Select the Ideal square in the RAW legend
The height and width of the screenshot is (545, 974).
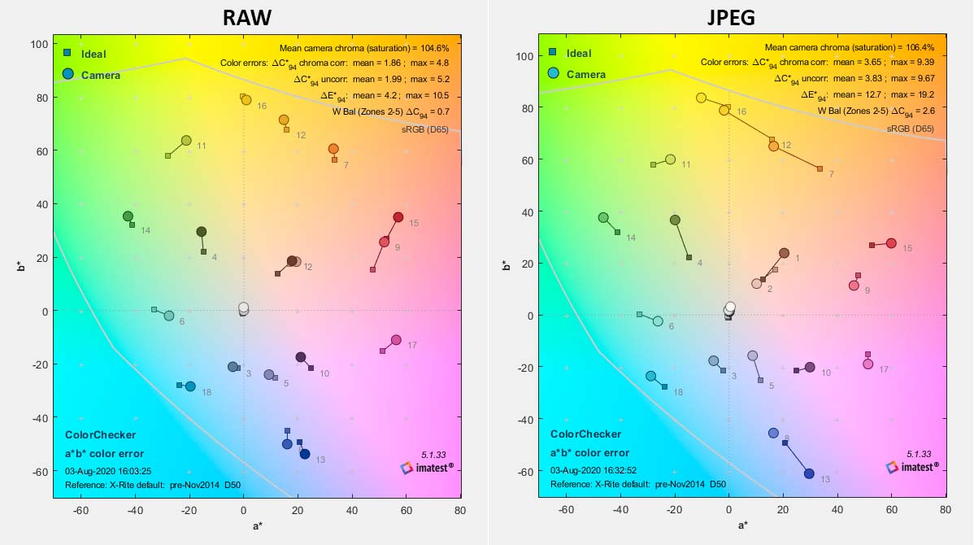(68, 53)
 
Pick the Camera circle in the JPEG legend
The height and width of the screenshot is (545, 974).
(553, 73)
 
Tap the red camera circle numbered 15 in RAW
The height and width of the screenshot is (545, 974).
(398, 217)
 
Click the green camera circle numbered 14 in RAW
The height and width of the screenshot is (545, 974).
(128, 216)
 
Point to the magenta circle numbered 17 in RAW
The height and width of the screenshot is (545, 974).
(396, 340)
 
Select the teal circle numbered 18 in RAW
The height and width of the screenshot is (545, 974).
(190, 386)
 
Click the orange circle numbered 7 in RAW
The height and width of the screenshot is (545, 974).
(333, 149)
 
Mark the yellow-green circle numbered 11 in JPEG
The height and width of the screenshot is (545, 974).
(670, 159)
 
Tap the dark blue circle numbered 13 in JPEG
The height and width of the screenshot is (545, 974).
(809, 473)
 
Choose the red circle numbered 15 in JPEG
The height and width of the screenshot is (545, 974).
(891, 243)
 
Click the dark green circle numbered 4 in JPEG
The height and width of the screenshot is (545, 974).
(675, 220)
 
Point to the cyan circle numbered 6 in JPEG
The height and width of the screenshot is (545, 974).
(658, 321)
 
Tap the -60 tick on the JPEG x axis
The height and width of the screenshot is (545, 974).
(567, 510)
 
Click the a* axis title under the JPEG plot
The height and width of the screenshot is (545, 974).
(742, 525)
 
